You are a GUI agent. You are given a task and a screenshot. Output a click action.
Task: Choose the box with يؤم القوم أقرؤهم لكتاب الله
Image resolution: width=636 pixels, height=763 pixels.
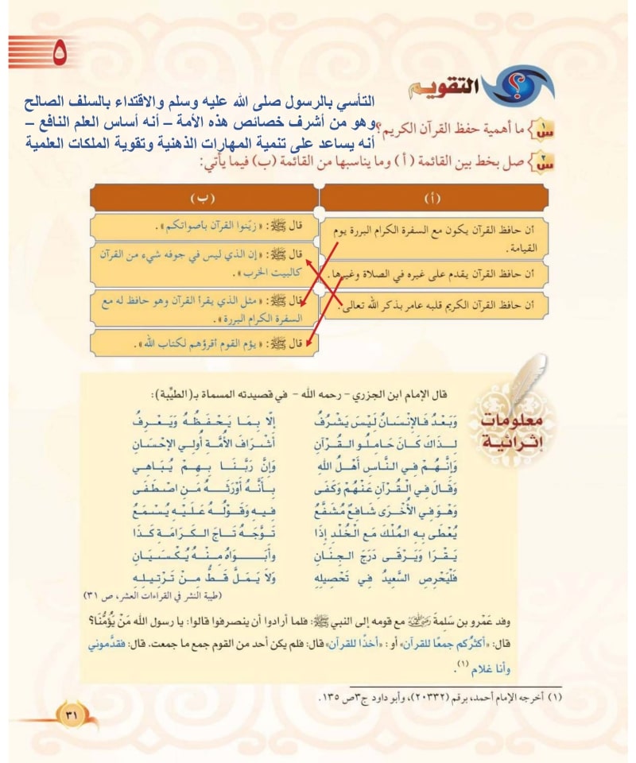point(203,344)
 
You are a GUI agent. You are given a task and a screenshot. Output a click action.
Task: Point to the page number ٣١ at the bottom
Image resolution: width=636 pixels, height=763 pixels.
point(70,715)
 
